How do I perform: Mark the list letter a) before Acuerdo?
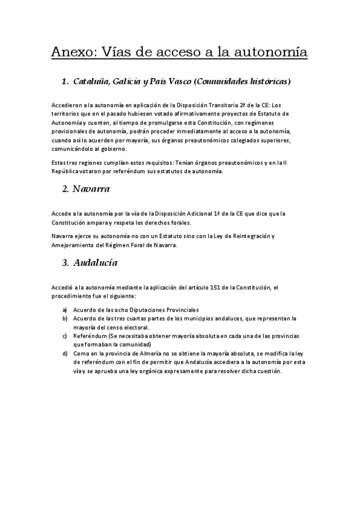pos(64,310)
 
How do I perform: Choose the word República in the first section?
pos(66,171)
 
